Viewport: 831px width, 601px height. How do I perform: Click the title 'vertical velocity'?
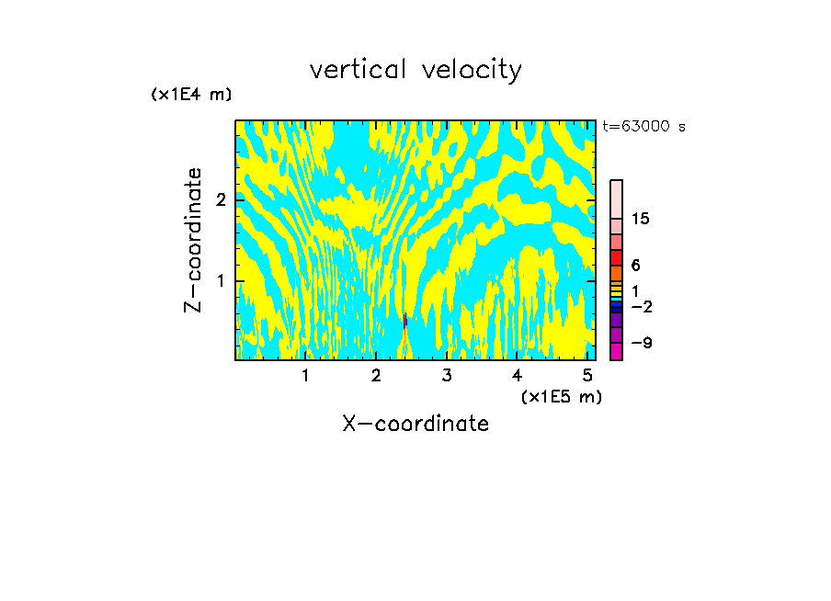pos(415,70)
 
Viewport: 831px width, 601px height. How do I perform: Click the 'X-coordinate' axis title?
pos(415,424)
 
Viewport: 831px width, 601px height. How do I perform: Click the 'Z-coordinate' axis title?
pos(193,240)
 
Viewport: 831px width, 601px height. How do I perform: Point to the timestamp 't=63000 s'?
pos(643,127)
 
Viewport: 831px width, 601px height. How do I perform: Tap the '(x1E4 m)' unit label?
pos(191,95)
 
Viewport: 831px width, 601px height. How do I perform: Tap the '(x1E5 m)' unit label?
pos(561,396)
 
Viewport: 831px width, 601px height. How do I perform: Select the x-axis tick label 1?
pos(306,375)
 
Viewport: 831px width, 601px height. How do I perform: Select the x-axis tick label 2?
pos(376,375)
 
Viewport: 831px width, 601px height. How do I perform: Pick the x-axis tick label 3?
pos(447,375)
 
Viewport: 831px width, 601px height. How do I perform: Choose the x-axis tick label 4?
pos(518,375)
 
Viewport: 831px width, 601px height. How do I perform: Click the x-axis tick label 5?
pos(587,375)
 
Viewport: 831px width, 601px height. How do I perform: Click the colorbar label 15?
pos(641,219)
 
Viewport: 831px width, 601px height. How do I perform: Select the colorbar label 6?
pos(635,266)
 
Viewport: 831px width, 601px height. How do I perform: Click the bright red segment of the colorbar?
pos(617,257)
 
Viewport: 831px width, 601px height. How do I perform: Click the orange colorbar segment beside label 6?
pos(617,273)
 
